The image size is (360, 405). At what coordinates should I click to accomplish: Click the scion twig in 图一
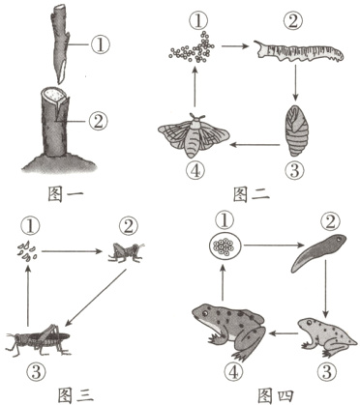(x=60, y=45)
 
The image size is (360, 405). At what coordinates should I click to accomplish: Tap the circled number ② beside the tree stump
(x=98, y=121)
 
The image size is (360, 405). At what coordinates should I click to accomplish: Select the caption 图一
(x=66, y=193)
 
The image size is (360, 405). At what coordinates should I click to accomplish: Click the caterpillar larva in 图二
(x=299, y=51)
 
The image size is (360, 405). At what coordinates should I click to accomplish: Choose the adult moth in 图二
(x=194, y=135)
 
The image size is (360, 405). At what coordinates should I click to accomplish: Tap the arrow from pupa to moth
(x=255, y=145)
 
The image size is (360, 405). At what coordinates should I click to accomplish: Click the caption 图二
(x=251, y=193)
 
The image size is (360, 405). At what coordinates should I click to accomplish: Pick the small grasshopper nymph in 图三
(x=127, y=251)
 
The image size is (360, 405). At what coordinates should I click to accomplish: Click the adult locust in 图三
(x=38, y=339)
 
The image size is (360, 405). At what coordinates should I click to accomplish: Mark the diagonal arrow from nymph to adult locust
(x=96, y=297)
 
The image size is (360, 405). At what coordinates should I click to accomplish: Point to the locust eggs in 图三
(x=27, y=250)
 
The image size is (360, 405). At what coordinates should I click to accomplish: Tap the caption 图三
(x=75, y=394)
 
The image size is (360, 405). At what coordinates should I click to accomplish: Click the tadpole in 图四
(x=317, y=251)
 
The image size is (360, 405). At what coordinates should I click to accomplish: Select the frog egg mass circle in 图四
(x=225, y=246)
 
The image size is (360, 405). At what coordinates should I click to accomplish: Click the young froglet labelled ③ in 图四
(x=327, y=336)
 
